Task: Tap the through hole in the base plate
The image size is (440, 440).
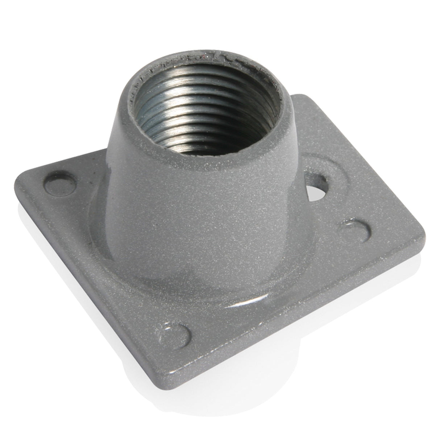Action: point(318,184)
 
